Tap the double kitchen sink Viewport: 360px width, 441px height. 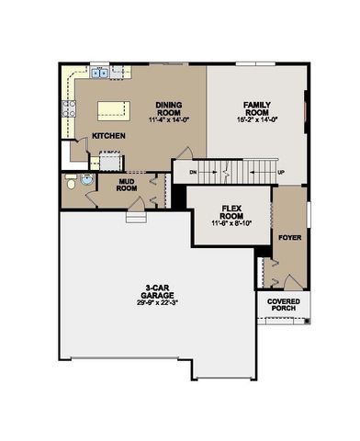click(99, 73)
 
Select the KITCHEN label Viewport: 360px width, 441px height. click(108, 136)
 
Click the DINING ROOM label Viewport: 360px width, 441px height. click(170, 107)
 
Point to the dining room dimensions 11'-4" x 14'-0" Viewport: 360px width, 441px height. click(170, 119)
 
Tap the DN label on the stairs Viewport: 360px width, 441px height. click(192, 172)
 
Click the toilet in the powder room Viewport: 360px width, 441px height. click(73, 184)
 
